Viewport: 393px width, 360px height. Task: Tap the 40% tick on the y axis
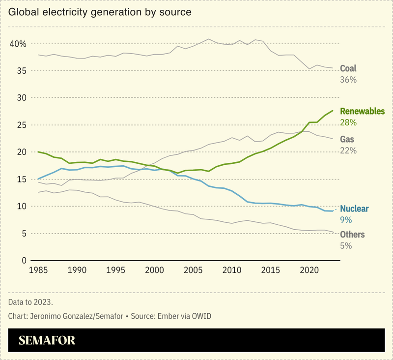[x=18, y=44]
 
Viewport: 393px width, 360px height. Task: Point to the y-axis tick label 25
[x=21, y=125]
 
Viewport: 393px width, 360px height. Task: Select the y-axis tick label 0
[x=23, y=260]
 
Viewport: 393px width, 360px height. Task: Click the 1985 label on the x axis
[x=38, y=270]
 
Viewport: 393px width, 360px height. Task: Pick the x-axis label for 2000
[x=154, y=270]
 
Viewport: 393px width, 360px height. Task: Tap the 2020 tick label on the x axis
[x=309, y=270]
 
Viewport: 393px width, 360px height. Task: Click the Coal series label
[x=348, y=68]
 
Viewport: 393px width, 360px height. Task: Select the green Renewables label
[x=362, y=111]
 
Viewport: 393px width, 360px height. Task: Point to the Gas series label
[x=347, y=140]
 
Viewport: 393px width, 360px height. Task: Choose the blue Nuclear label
[x=354, y=209]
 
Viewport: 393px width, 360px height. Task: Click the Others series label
[x=352, y=235]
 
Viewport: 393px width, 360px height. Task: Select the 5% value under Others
[x=345, y=245]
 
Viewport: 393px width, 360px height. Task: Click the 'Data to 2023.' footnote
[x=30, y=301]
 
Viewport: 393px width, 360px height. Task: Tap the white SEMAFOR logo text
[x=47, y=340]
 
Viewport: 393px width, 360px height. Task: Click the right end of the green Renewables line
[x=333, y=111]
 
